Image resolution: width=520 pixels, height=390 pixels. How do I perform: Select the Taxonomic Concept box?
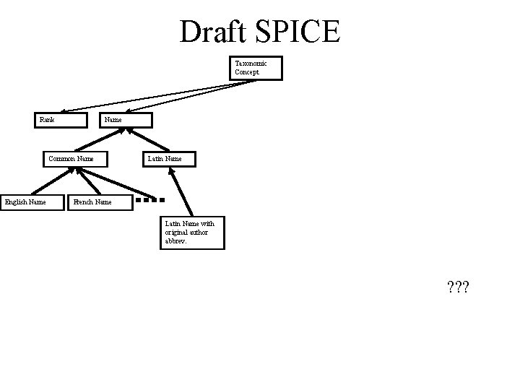pos(256,68)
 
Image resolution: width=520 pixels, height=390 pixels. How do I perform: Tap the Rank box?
pos(63,120)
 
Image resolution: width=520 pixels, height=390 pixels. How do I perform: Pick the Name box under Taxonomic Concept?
pos(126,120)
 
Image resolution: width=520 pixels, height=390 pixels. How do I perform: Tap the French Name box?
pos(100,202)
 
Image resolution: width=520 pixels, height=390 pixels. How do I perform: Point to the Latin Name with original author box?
pos(192,233)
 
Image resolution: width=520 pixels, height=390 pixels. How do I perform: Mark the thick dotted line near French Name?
pos(154,199)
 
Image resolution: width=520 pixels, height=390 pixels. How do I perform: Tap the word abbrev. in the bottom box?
pos(177,241)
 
